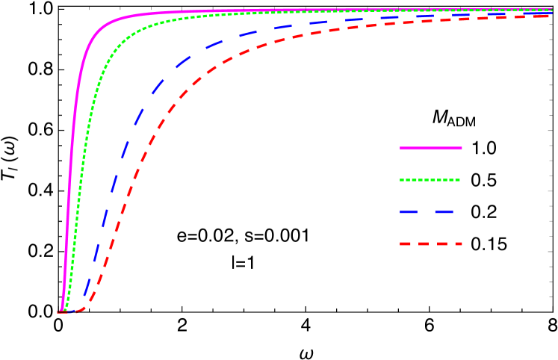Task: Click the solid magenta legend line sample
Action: (x=431, y=149)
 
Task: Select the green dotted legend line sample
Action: (x=430, y=180)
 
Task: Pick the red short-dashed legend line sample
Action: (x=431, y=244)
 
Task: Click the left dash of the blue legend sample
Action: (x=409, y=212)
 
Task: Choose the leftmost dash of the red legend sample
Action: (x=406, y=244)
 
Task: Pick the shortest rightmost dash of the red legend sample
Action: (x=459, y=244)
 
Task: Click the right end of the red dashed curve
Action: (x=550, y=16)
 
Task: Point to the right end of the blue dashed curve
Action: (x=550, y=13)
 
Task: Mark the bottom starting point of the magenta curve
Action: (x=61, y=311)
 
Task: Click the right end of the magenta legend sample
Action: (x=461, y=149)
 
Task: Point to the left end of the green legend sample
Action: (x=401, y=180)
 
